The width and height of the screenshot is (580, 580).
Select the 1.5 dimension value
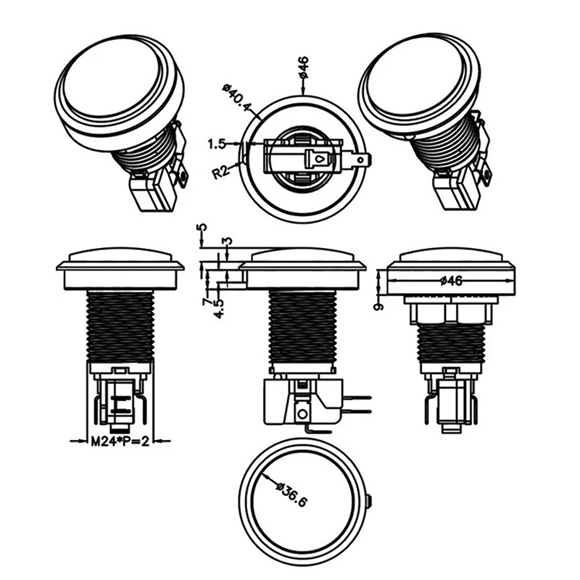217,144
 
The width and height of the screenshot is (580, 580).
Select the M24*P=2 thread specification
120,442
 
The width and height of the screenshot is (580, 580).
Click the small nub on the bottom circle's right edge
370,501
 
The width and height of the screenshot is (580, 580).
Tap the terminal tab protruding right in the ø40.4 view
360,157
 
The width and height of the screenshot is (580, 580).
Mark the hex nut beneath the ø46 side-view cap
451,312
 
